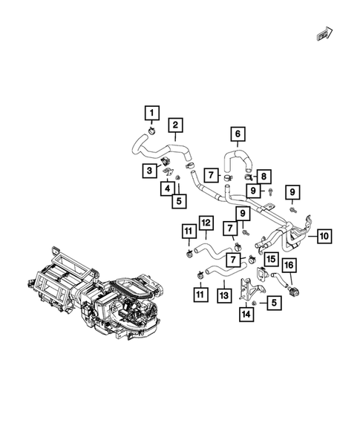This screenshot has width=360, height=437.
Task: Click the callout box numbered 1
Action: point(151,113)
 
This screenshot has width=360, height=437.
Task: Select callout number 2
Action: point(176,125)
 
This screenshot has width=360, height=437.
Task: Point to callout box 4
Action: point(167,188)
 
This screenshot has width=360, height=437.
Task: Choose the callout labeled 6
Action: point(238,134)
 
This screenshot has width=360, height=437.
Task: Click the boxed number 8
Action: point(265,176)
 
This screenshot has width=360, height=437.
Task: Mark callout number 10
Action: point(324,236)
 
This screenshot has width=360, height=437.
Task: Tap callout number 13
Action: point(223,295)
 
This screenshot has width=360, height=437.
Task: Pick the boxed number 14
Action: point(246,315)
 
